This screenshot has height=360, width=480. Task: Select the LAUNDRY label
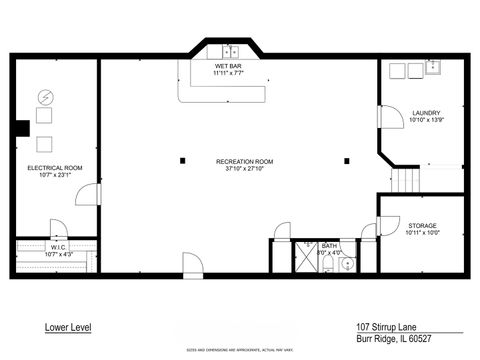pyautogui.click(x=426, y=113)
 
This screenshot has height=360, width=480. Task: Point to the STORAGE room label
pyautogui.click(x=421, y=226)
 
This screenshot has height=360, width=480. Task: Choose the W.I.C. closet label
pyautogui.click(x=58, y=246)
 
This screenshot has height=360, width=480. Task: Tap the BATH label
pyautogui.click(x=329, y=245)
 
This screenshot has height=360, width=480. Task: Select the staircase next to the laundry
pyautogui.click(x=405, y=181)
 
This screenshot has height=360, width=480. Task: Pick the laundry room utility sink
pyautogui.click(x=435, y=68)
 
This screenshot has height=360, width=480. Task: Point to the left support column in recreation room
pyautogui.click(x=182, y=160)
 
